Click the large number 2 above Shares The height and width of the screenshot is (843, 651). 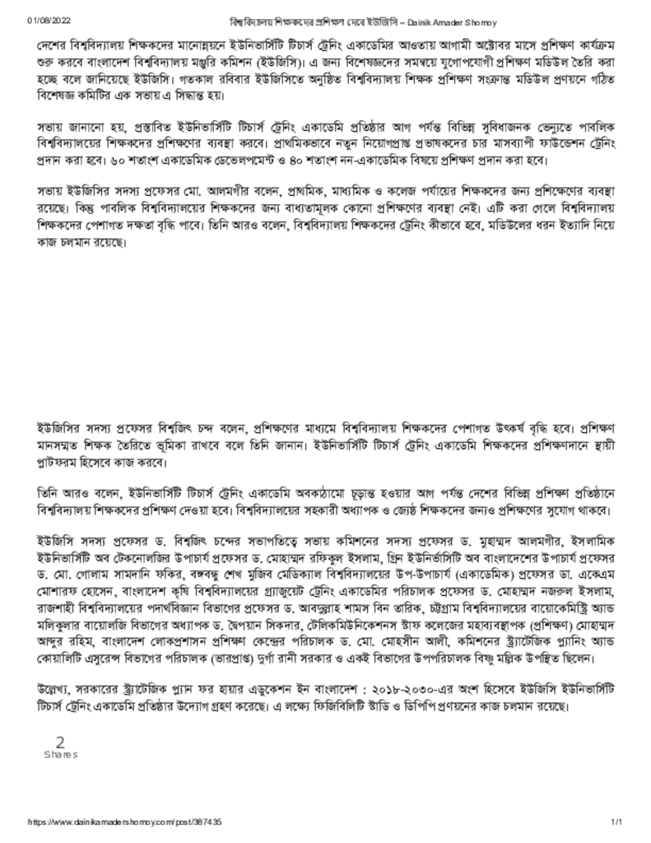click(60, 743)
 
